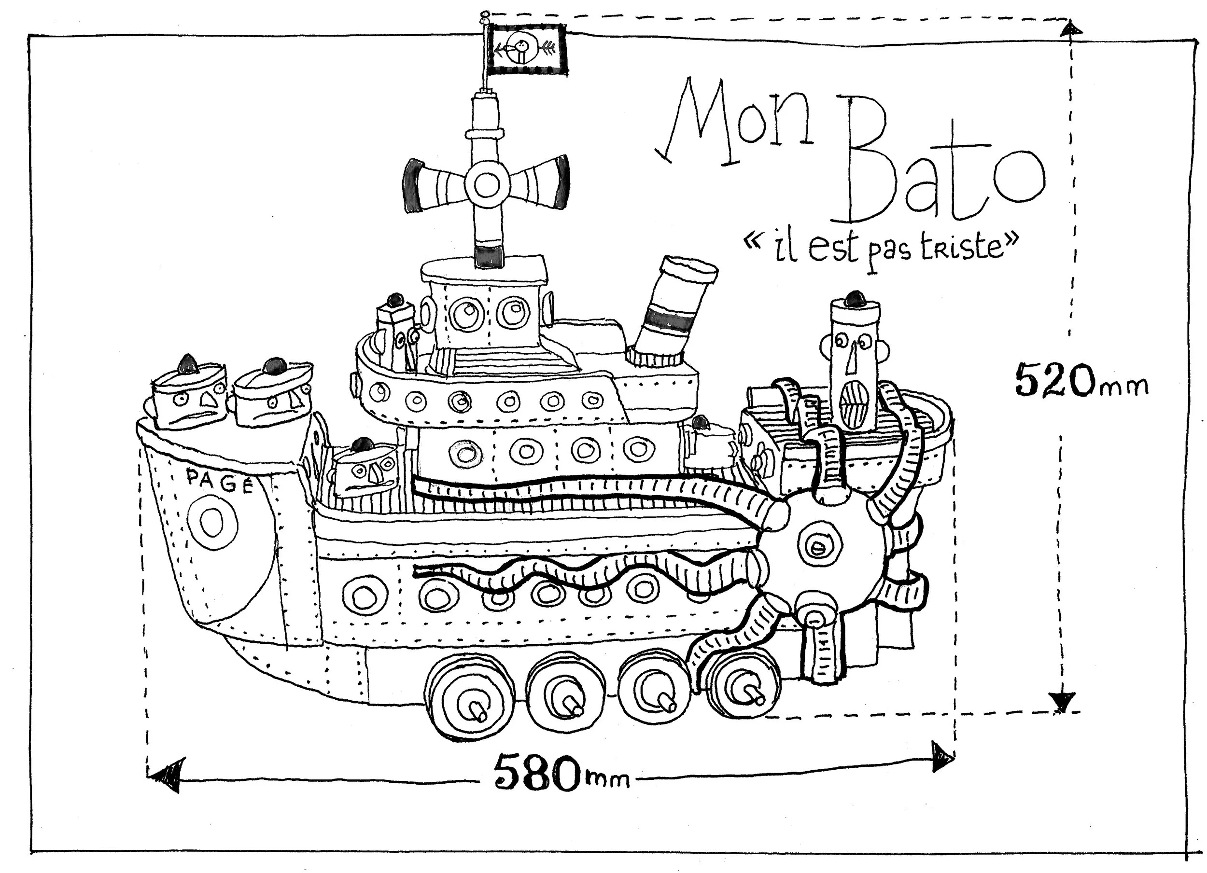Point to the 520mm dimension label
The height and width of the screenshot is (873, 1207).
[x=1081, y=381]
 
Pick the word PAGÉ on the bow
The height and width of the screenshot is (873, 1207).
[x=219, y=482]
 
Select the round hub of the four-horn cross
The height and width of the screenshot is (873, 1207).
[x=486, y=185]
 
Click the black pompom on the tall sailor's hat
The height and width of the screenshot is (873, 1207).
[x=855, y=298]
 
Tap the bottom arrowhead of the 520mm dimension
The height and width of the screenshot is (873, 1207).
[x=1062, y=702]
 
